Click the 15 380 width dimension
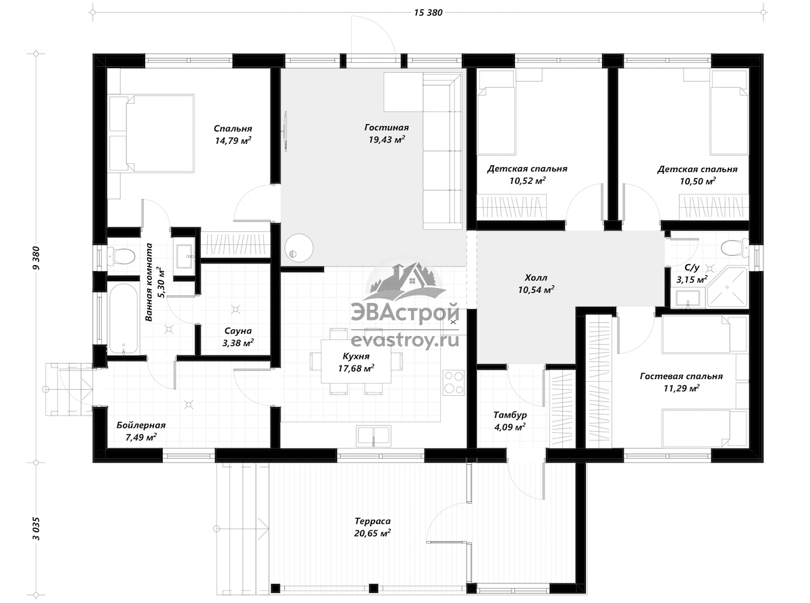[428, 13]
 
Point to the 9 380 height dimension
[36, 258]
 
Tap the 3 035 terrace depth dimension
[36, 528]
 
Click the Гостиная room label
[386, 127]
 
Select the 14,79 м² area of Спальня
[233, 140]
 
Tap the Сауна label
[238, 331]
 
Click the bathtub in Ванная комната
[124, 319]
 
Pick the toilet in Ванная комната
[122, 256]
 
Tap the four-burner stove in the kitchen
[454, 382]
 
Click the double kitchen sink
[373, 436]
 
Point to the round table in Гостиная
[299, 248]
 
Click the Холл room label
[536, 278]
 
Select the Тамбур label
[510, 415]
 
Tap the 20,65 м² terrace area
[373, 534]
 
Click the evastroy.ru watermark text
[404, 341]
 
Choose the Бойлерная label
[141, 425]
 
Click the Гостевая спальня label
[681, 376]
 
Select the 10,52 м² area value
[528, 181]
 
